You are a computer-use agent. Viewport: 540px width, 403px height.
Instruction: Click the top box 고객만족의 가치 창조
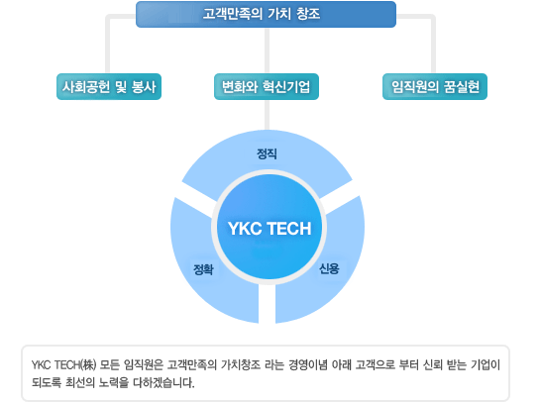click(x=266, y=14)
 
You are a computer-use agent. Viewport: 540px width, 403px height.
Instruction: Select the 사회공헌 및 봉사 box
click(x=109, y=86)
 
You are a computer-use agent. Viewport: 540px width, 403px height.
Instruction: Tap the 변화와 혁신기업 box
click(x=267, y=86)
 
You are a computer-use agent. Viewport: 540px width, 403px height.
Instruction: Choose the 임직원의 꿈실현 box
click(x=435, y=86)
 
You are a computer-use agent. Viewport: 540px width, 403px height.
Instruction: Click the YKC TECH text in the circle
click(x=270, y=229)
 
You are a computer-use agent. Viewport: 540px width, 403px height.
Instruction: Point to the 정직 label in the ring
click(x=267, y=153)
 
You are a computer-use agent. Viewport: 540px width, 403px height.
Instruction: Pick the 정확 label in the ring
click(x=203, y=269)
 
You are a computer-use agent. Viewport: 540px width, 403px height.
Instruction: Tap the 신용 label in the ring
click(x=329, y=268)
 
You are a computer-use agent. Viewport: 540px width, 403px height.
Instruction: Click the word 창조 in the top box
click(x=308, y=14)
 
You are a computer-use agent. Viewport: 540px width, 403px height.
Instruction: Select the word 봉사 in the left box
click(x=144, y=87)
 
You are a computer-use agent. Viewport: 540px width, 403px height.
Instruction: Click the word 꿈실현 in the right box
click(x=462, y=87)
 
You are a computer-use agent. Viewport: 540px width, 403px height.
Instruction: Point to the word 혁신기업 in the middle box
click(x=285, y=87)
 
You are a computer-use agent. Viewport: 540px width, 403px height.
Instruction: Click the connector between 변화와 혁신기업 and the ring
click(x=267, y=115)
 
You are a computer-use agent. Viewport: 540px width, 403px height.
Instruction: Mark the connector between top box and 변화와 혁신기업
click(x=267, y=50)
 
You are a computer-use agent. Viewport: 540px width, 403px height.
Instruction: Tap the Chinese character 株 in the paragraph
click(x=89, y=364)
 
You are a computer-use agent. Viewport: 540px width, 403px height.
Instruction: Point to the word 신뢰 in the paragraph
click(x=433, y=364)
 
